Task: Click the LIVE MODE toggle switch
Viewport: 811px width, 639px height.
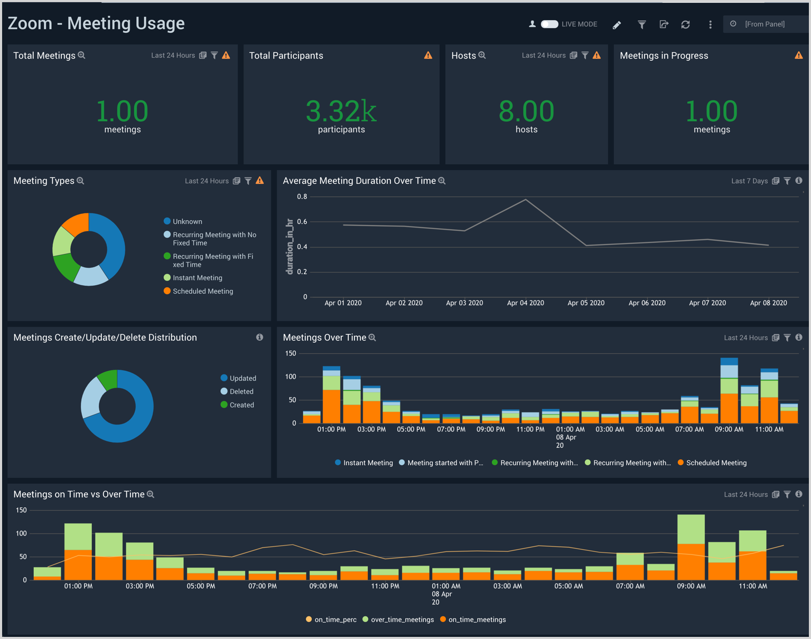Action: point(549,24)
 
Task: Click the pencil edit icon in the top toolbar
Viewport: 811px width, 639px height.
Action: point(617,25)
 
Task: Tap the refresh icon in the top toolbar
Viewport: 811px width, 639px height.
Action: point(685,25)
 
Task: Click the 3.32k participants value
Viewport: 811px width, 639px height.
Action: point(341,112)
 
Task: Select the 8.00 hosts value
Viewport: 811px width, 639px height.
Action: point(526,112)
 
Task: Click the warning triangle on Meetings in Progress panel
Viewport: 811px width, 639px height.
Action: point(798,55)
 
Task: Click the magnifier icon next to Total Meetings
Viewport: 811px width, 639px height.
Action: point(82,55)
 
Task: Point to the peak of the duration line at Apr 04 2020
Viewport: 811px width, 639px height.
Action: point(526,200)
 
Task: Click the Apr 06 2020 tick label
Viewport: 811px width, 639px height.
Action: point(647,303)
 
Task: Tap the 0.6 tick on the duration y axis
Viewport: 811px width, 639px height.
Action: point(302,222)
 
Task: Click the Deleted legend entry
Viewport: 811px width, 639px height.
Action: point(241,391)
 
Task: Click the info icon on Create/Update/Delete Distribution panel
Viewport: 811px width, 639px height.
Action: point(259,337)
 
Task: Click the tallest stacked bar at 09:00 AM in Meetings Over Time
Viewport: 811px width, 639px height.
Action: point(729,391)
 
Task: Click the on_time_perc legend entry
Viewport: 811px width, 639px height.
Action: point(335,619)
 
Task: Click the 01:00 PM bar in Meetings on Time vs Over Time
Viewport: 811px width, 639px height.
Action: point(78,552)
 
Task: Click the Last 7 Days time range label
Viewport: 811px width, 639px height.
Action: point(749,181)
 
